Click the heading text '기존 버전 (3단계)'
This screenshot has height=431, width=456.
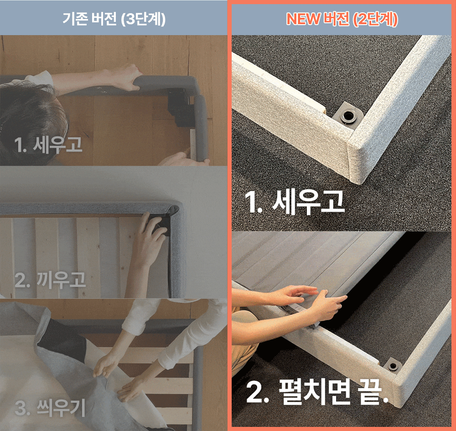114,19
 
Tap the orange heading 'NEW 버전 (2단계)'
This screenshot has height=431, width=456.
342,19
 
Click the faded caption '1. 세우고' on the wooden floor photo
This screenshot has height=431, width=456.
48,145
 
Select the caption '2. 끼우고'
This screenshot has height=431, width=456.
50,280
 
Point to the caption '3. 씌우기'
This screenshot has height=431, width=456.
50,408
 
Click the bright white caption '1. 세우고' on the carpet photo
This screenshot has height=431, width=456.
294,202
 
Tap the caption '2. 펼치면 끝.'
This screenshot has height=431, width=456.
317,392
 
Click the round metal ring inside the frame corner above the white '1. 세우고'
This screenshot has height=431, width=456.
348,116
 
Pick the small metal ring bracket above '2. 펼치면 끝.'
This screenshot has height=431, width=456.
393,366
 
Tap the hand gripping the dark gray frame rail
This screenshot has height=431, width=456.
126,77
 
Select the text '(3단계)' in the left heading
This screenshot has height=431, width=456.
142,20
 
